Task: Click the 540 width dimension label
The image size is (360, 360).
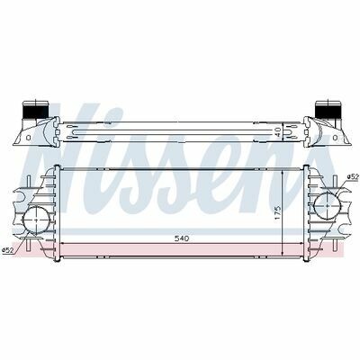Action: tap(182, 238)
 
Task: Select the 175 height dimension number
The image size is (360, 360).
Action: tap(278, 212)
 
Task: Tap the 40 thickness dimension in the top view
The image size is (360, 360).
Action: tap(278, 132)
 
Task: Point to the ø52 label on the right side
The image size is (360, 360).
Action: tap(353, 177)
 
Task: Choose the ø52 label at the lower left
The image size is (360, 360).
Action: tap(7, 250)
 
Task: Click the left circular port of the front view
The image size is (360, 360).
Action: tap(36, 220)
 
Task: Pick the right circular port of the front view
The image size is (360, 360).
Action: tap(328, 205)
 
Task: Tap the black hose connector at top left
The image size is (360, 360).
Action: tap(36, 111)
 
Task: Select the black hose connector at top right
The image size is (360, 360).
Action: tap(328, 111)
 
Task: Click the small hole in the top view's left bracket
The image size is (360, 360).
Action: tap(29, 138)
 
